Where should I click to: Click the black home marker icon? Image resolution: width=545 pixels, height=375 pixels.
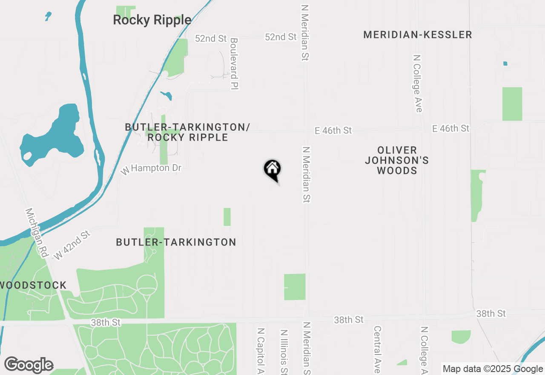coord(272,169)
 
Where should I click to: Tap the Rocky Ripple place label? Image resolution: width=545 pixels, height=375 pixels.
coord(152,20)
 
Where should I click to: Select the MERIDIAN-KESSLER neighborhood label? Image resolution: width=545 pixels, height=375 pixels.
coord(417,35)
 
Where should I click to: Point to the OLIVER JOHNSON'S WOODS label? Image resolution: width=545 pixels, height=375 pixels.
coord(397,160)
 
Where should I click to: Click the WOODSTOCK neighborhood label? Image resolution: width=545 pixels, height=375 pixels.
coord(33,286)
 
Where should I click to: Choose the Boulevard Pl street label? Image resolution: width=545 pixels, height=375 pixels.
coord(234,64)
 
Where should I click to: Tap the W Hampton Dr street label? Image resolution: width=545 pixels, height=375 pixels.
coord(151,169)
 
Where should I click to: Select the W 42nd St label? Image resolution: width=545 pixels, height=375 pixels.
coord(72,245)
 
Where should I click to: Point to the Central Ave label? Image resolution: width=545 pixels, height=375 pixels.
coord(377,349)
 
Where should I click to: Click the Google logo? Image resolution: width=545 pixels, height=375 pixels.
coord(29,365)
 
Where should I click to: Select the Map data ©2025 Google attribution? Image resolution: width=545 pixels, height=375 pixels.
coord(493,369)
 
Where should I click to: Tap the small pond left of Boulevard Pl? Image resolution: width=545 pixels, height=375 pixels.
coord(166,95)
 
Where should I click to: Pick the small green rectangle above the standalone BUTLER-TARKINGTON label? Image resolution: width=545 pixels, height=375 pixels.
coord(227,216)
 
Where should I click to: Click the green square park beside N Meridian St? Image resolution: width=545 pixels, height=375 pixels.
coord(295,287)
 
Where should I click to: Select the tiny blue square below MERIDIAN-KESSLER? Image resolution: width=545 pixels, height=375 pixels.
coord(505,63)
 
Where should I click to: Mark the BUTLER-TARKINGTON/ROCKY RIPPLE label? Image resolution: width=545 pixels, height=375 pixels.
coord(187,132)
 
